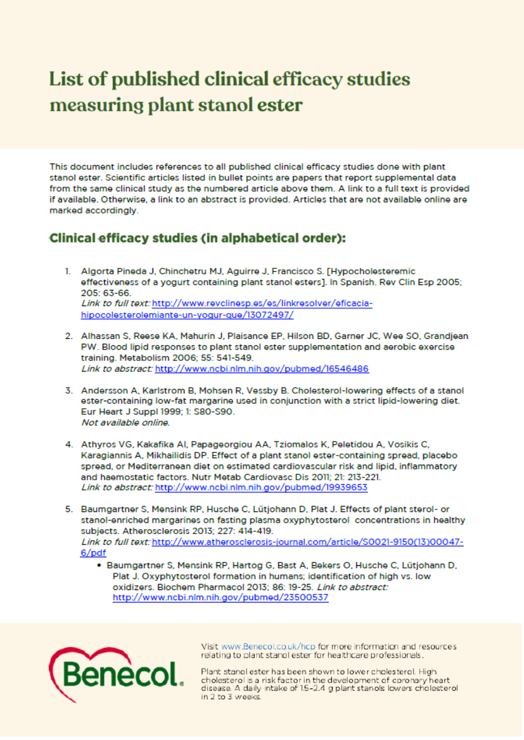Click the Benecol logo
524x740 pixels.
coord(116,675)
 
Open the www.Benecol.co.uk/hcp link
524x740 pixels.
coord(268,646)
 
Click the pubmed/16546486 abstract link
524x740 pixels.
coord(261,369)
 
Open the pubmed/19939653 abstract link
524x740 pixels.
coord(261,487)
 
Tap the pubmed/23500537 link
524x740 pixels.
coord(220,598)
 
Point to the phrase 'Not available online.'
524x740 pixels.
coord(125,423)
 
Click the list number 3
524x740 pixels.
coord(68,391)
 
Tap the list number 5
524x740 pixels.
coord(68,509)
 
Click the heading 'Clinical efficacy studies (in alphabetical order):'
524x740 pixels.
coord(198,238)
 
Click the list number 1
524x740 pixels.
coord(68,271)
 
